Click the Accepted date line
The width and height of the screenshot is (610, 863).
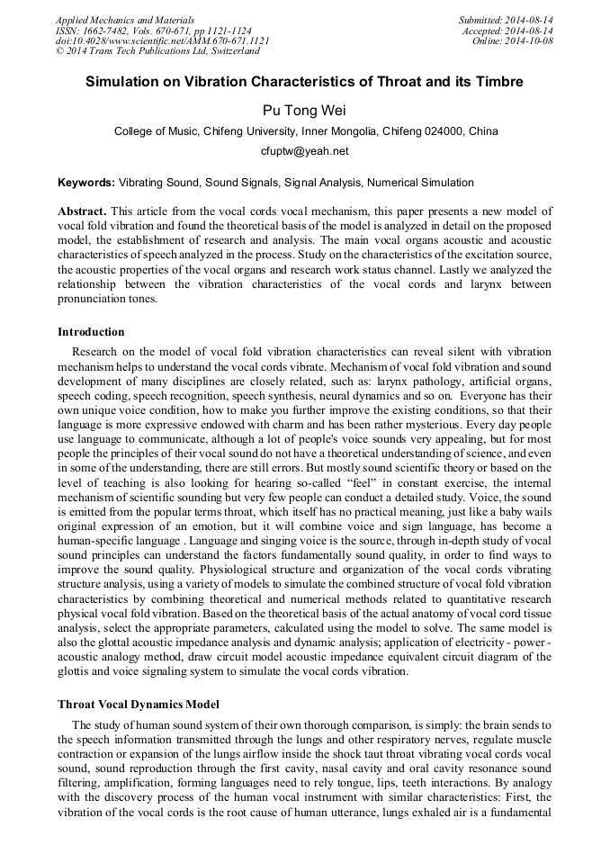[x=505, y=30]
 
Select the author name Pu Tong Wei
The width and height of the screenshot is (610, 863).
[x=304, y=110]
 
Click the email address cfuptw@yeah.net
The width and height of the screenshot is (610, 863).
[x=304, y=151]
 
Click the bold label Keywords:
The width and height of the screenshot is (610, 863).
[x=86, y=183]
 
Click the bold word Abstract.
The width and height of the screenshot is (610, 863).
[x=81, y=211]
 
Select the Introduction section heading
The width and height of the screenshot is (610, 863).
[x=91, y=332]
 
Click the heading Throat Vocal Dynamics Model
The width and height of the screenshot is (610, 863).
[x=139, y=704]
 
